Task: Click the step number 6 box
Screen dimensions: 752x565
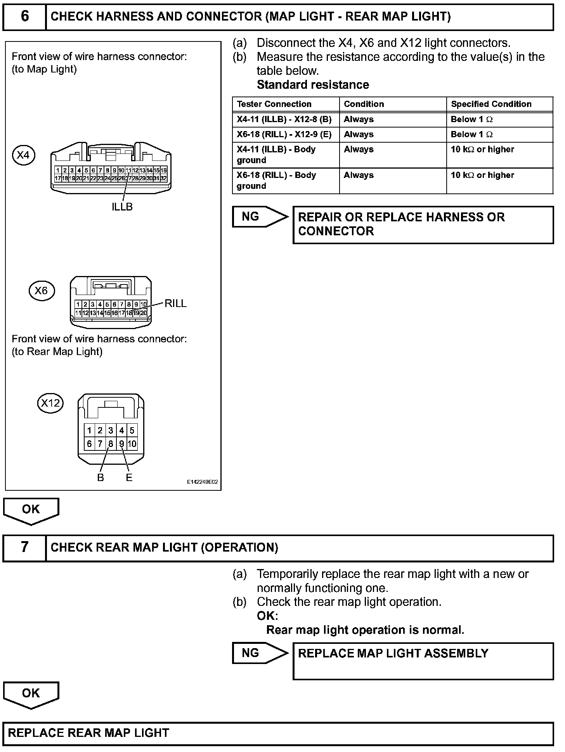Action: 24,17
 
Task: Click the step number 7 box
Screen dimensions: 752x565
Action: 24,548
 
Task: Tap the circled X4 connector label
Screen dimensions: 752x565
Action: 23,155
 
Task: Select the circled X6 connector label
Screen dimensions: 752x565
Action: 42,291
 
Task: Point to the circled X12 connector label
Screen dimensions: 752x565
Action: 50,403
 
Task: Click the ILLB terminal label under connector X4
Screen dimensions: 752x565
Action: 122,207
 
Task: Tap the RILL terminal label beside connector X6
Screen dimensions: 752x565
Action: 175,304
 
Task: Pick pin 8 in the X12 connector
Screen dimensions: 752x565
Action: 111,444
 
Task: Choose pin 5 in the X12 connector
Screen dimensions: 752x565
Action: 132,430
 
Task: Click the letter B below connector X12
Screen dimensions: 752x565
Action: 101,478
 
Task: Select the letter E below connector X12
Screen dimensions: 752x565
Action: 129,478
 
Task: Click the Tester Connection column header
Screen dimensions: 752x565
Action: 274,104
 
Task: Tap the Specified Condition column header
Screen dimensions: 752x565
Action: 491,104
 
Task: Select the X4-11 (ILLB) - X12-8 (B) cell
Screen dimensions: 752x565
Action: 284,119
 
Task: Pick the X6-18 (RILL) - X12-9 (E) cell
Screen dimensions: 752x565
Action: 284,135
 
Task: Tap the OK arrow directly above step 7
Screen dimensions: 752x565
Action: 31,511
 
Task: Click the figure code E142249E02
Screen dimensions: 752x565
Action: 202,482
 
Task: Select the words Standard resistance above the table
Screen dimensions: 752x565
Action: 313,85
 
